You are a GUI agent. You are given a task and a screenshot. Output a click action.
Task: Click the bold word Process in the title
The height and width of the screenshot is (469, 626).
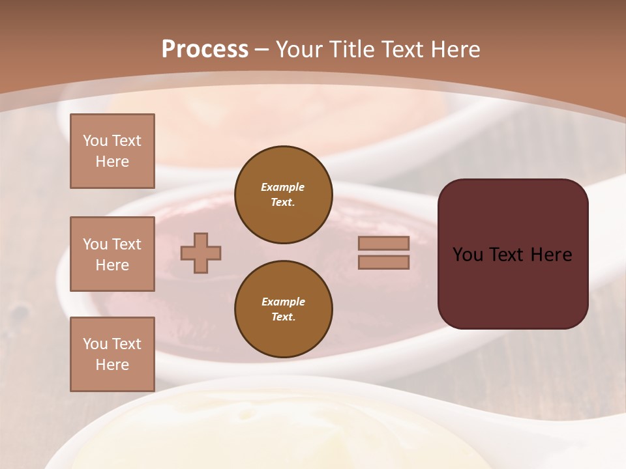click(x=205, y=50)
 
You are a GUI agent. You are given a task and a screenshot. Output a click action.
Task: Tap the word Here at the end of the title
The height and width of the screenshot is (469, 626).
click(x=455, y=50)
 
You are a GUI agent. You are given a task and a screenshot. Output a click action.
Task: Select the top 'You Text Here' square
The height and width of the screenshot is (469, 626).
click(x=112, y=151)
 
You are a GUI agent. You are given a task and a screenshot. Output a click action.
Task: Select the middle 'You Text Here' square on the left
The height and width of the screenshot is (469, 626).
click(x=112, y=254)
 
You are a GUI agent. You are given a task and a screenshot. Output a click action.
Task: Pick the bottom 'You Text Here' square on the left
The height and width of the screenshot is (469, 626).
click(x=112, y=354)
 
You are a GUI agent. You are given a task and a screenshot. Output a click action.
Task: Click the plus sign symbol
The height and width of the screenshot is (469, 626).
click(x=201, y=253)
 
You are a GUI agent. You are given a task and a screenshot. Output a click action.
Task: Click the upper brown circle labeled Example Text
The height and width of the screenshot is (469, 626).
click(x=283, y=195)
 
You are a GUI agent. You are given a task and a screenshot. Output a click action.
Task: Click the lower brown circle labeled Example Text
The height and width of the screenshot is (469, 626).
click(x=283, y=309)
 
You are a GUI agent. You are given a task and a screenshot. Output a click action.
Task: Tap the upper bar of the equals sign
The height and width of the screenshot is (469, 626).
click(x=383, y=243)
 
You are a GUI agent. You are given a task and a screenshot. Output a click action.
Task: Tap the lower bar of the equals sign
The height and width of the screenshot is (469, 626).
click(x=383, y=263)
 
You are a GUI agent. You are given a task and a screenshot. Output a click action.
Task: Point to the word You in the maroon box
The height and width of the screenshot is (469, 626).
click(x=468, y=255)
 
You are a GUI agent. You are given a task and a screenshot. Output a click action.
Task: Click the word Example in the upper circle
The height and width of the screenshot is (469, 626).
click(x=283, y=187)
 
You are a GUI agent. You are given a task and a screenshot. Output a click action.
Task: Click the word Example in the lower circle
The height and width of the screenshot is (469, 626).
click(x=283, y=302)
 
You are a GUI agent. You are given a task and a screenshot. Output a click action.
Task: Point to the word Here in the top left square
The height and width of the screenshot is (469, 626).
click(x=112, y=162)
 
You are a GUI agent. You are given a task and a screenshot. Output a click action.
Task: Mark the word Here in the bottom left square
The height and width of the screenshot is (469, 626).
click(x=112, y=365)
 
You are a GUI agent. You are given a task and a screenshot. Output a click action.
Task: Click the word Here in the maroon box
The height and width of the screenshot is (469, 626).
click(x=551, y=255)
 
